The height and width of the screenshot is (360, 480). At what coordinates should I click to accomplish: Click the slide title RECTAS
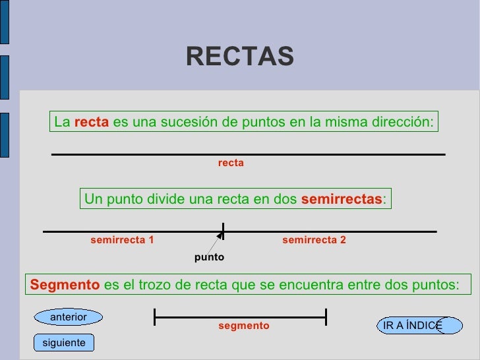(239, 57)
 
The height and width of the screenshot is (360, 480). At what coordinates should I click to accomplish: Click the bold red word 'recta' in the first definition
(91, 122)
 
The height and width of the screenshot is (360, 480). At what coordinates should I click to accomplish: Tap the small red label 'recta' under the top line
(231, 163)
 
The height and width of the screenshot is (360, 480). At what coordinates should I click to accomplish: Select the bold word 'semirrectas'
(341, 199)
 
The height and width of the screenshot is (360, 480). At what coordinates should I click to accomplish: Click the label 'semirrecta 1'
(122, 241)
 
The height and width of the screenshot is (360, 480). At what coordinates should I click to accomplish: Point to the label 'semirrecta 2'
(314, 241)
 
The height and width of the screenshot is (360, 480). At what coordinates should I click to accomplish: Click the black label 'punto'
(209, 257)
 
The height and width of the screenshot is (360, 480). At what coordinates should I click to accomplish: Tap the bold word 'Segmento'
(64, 285)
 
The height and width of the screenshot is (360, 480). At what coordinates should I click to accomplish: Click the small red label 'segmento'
(243, 326)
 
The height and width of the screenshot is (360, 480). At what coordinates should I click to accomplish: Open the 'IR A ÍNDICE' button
(413, 325)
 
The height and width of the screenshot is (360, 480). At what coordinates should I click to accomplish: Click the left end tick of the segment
(154, 317)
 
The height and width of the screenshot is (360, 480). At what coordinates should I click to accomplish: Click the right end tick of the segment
(326, 317)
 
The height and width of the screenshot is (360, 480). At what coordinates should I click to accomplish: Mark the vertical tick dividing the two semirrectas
(224, 231)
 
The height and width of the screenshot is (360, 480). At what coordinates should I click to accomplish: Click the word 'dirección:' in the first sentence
(404, 122)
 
